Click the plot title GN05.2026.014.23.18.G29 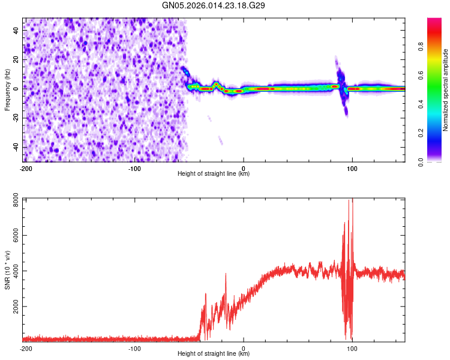tap(214, 5)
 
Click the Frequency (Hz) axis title tap(7, 90)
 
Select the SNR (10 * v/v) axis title tap(7, 269)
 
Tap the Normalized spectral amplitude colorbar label tap(445, 90)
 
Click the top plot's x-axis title tap(214, 174)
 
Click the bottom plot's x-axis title tap(214, 354)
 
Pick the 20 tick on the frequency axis tap(17, 59)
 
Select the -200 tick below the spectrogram tap(25, 168)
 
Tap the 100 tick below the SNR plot tap(353, 348)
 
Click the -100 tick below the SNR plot tap(134, 348)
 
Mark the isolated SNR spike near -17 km tap(226, 275)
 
